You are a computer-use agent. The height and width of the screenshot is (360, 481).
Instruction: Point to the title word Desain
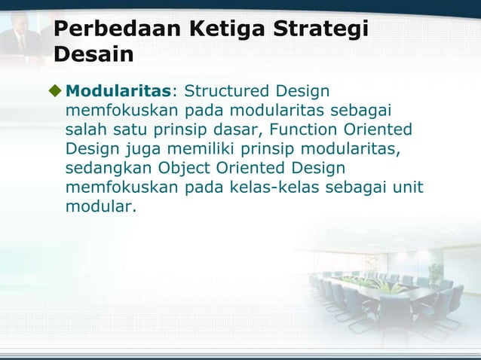[x=93, y=55]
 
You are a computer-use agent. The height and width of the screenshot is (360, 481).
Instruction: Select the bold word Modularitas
[x=119, y=92]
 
